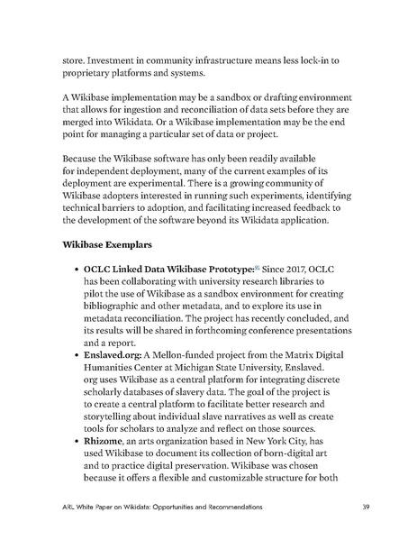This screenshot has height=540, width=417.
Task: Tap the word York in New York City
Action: coord(293,446)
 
